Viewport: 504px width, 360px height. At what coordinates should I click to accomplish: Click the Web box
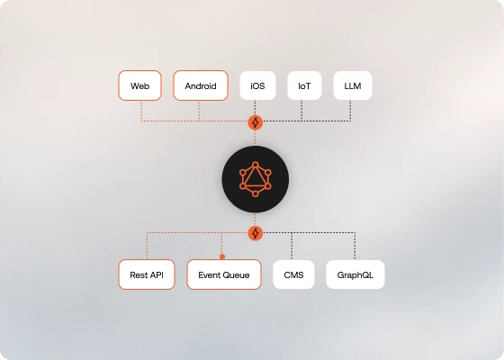point(139,85)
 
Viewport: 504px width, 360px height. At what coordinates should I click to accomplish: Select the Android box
point(201,85)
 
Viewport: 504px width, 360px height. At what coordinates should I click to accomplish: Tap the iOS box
point(257,85)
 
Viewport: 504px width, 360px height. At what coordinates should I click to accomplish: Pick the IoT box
point(304,85)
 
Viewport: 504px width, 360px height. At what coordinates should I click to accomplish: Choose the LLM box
point(353,85)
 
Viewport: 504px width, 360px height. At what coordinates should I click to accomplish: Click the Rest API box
point(147,274)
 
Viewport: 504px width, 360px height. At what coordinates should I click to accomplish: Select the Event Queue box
point(224,274)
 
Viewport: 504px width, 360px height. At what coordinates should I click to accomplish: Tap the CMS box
point(293,274)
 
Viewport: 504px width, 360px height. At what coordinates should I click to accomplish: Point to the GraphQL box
point(355,274)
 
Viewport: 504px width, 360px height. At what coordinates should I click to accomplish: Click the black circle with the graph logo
point(256,179)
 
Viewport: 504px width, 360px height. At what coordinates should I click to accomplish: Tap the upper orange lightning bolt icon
point(256,122)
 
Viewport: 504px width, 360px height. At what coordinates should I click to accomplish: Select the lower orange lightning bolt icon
point(256,233)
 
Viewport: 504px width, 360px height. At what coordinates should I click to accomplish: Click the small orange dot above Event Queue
point(222,256)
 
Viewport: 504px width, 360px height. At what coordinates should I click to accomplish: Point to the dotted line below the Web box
point(141,111)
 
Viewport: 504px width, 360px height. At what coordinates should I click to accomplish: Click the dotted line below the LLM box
point(350,110)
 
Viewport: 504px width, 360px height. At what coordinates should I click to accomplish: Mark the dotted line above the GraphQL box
point(355,247)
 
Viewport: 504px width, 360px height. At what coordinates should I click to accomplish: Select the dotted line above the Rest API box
point(147,246)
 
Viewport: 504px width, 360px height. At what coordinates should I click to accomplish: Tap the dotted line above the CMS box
point(292,247)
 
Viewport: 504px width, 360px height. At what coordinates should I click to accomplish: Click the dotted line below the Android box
point(199,111)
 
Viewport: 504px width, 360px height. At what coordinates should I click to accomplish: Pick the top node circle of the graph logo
point(256,165)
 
